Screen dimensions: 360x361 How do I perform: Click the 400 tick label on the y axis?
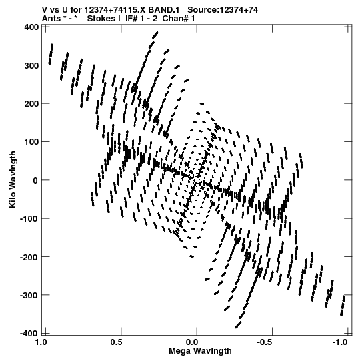[x=31, y=27]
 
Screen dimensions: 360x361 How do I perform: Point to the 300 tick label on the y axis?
[x=31, y=65]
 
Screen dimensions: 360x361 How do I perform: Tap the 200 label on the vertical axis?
[x=31, y=104]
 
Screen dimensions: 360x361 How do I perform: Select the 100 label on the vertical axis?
[x=31, y=142]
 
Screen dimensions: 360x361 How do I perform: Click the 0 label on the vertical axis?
[x=35, y=180]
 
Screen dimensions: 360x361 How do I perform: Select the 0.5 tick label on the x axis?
[x=116, y=342]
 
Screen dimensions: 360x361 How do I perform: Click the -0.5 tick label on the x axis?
[x=267, y=342]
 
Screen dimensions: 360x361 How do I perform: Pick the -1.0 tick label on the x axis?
[x=340, y=342]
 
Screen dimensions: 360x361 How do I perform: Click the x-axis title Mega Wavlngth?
[x=200, y=351]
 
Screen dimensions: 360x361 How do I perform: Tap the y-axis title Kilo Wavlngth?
[x=13, y=179]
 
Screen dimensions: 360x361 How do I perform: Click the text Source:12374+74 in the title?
[x=223, y=10]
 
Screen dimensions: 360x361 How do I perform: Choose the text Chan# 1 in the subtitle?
[x=179, y=19]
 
